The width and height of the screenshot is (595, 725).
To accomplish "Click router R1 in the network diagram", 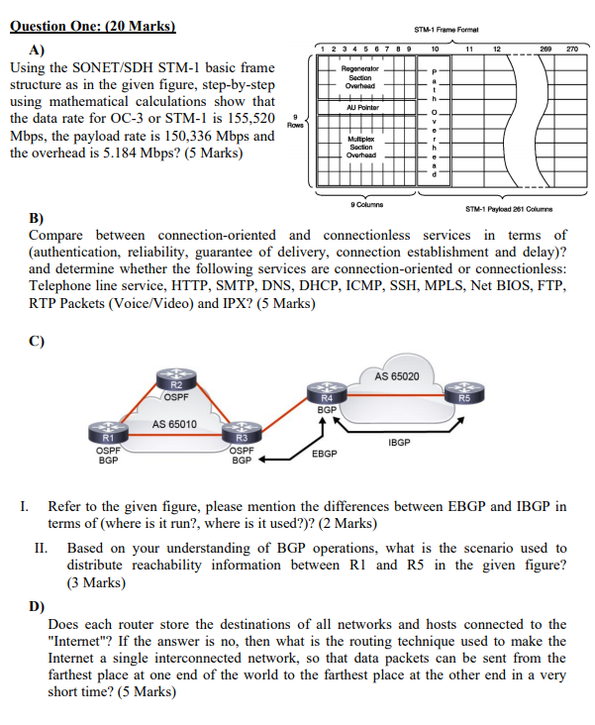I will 109,435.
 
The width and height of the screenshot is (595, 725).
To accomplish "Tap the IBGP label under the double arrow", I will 400,443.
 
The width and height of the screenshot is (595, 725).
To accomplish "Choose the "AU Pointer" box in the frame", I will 360,107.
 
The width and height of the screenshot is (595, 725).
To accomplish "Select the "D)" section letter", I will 37,606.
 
